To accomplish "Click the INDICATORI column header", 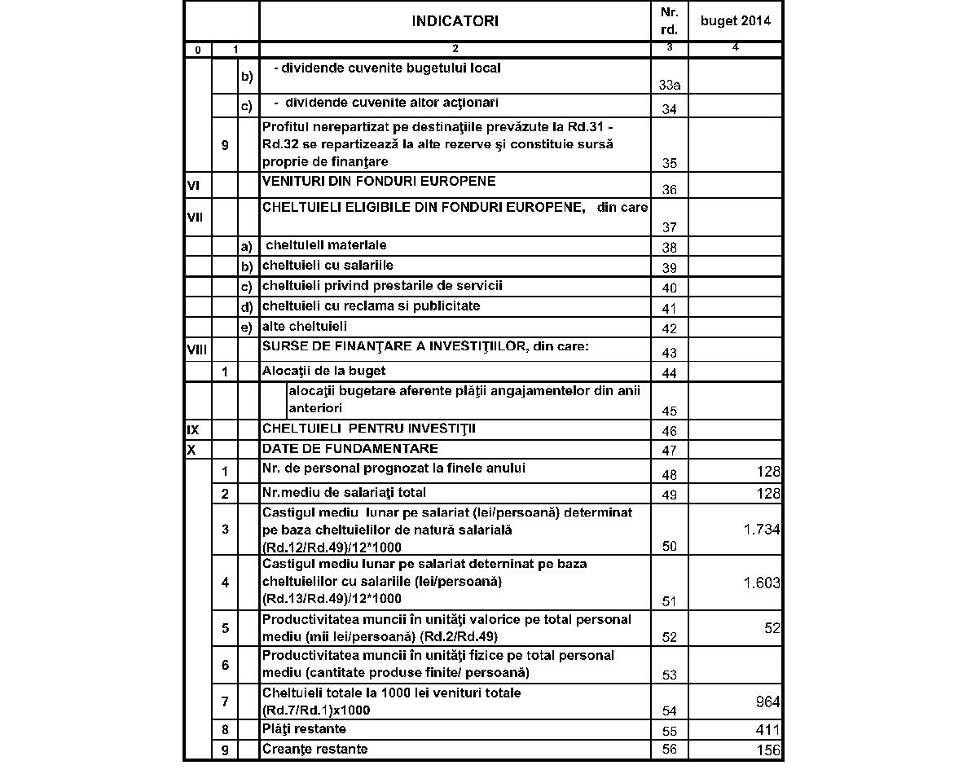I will coord(455,21).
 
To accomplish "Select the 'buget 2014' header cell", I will coord(736,21).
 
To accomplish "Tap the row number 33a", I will coord(670,86).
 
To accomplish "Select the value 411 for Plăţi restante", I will coord(767,730).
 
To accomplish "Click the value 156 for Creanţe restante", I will coord(767,750).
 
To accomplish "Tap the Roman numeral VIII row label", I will coord(196,350).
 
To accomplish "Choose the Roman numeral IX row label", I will coord(192,429).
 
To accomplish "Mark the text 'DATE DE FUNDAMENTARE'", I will coord(350,449).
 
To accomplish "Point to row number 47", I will coord(670,451).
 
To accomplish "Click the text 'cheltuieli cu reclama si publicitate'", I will coord(371,306).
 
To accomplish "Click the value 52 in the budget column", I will coord(772,628).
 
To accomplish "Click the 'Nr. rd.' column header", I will coord(670,21).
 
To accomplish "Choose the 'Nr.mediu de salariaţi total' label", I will coord(344,493).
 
